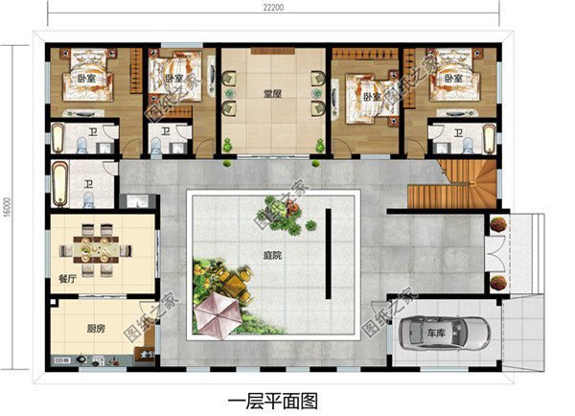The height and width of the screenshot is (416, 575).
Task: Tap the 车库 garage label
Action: [x=436, y=334]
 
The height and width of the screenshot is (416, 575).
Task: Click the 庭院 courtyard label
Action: [x=273, y=257]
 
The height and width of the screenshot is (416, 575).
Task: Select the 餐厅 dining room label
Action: [x=67, y=280]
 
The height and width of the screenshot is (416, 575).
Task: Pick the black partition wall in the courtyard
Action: [x=327, y=255]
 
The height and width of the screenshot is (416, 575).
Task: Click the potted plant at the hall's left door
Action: [x=228, y=145]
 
